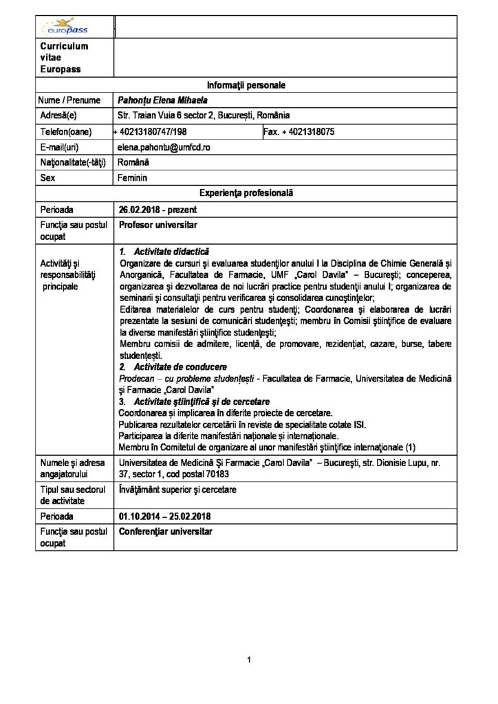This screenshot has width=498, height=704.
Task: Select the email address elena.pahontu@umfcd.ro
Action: [x=173, y=148]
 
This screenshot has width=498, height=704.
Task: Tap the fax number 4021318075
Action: [x=307, y=131]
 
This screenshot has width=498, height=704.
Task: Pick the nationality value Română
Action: [x=133, y=163]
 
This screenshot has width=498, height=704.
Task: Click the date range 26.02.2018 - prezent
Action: [x=160, y=209]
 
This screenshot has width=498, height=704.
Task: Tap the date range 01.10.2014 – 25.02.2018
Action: [x=166, y=515]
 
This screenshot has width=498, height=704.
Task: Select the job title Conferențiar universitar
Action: [x=166, y=531]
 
